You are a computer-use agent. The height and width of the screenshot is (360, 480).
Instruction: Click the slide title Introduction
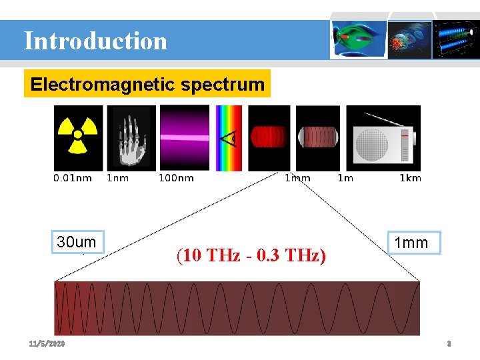click(x=95, y=41)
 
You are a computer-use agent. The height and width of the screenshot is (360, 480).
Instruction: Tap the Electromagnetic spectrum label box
click(x=147, y=85)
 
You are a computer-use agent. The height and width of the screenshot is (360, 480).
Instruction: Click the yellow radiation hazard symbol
click(x=78, y=137)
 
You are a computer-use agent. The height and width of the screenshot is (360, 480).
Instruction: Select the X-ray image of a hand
click(x=131, y=137)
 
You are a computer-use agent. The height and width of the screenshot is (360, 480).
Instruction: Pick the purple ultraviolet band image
click(x=184, y=137)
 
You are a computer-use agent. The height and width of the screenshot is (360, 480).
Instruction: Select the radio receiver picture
click(x=383, y=137)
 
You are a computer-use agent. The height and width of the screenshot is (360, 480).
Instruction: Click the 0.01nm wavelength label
click(x=72, y=178)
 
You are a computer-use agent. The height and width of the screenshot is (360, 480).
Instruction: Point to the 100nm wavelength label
click(x=176, y=178)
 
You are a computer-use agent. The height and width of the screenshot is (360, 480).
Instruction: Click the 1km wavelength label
click(x=410, y=178)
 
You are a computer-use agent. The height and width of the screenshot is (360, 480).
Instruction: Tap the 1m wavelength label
click(x=345, y=178)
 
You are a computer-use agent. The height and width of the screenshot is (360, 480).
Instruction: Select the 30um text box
click(x=77, y=242)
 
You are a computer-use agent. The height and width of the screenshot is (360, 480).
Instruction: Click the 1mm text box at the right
click(x=411, y=243)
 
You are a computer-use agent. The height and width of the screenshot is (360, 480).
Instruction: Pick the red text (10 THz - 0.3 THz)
click(x=251, y=255)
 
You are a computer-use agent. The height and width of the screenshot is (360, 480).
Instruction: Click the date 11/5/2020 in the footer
click(x=47, y=344)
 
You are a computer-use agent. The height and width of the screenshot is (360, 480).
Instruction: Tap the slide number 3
click(x=449, y=344)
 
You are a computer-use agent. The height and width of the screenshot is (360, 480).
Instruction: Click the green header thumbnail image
click(x=359, y=39)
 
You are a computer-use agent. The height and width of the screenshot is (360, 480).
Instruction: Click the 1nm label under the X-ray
click(x=117, y=178)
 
